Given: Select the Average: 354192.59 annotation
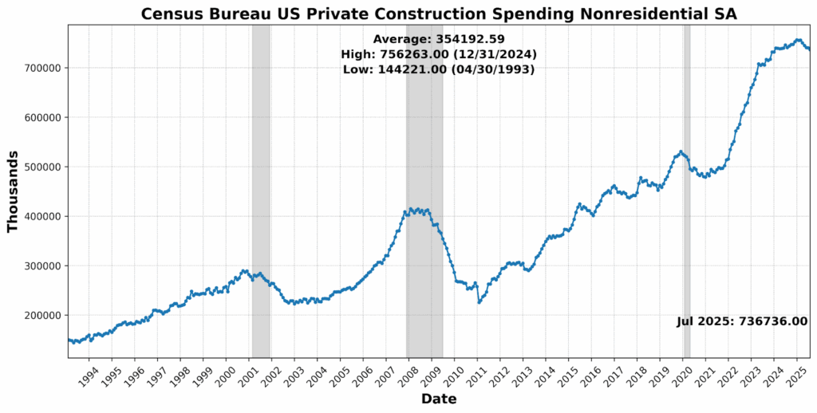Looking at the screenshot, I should [438, 39].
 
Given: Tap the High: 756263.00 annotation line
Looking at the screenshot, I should [438, 54].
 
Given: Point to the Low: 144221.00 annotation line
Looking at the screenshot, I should [438, 69].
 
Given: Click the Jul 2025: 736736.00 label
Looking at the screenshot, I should [742, 321].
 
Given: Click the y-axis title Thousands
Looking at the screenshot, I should [13, 191].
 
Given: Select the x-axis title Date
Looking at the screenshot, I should [438, 399].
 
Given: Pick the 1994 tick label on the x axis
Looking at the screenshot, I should [90, 375].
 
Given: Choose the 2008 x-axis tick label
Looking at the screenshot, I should [409, 375].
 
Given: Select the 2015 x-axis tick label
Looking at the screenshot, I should [569, 375].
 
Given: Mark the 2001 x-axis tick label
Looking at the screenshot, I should [250, 375].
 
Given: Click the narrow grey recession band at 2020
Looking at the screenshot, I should [686, 191].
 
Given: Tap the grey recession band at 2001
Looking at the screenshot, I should [261, 191].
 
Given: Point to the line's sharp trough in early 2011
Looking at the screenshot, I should [479, 302].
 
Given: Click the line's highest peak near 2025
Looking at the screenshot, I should [798, 40].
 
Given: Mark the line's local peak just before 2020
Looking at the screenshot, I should [680, 151].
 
